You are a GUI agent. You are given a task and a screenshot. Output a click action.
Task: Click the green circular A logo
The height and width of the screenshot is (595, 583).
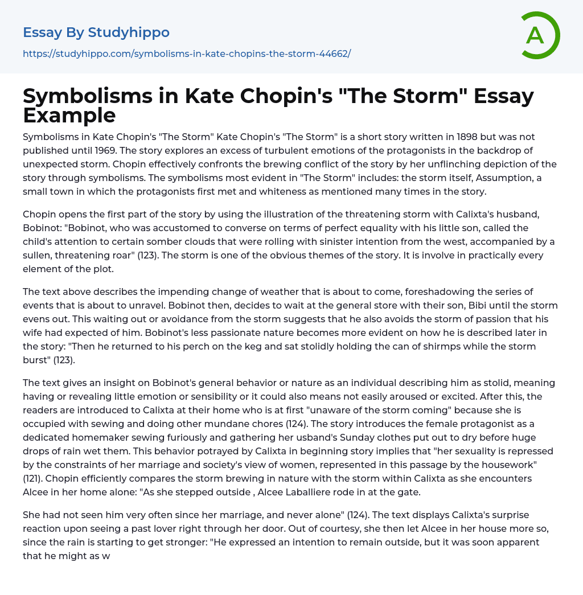[x=540, y=35]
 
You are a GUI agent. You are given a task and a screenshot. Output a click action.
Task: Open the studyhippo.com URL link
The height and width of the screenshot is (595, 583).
[x=187, y=54]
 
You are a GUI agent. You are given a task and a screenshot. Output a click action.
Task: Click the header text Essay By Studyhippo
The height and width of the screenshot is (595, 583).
[x=96, y=32]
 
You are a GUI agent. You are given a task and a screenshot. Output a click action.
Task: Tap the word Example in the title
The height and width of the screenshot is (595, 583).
[x=69, y=115]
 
